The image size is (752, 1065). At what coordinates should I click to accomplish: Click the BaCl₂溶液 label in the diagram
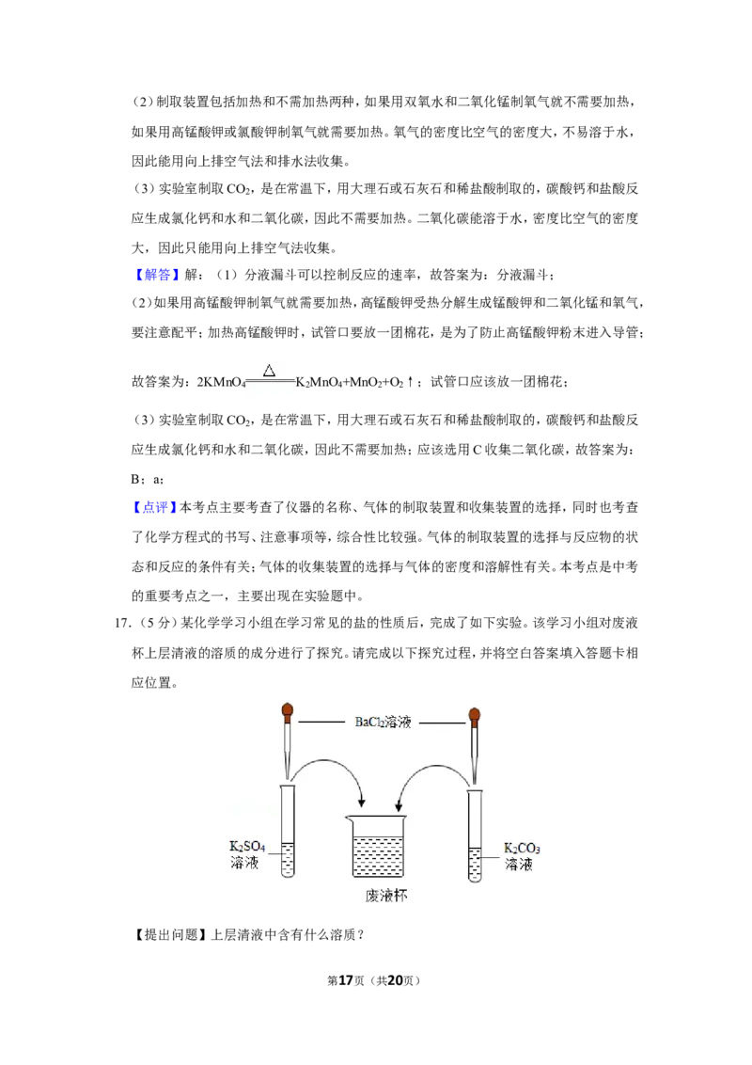click(x=383, y=722)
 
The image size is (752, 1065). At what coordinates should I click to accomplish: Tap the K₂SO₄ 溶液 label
click(x=247, y=854)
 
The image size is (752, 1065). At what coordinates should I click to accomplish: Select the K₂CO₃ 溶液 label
click(x=522, y=856)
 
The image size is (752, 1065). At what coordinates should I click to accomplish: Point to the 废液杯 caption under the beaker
click(x=386, y=896)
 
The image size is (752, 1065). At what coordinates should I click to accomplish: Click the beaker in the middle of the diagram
click(x=375, y=846)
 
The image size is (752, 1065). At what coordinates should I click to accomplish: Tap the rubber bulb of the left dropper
click(x=288, y=712)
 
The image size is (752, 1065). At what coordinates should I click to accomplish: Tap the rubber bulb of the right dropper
click(x=474, y=714)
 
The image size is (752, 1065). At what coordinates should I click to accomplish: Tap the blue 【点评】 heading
click(x=155, y=507)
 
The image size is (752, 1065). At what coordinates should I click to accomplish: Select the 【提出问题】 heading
click(x=170, y=934)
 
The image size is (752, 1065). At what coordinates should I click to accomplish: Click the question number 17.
click(x=122, y=623)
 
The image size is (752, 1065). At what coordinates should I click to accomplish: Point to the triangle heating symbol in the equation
click(x=270, y=370)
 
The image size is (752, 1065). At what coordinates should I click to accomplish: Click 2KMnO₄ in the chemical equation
click(x=221, y=382)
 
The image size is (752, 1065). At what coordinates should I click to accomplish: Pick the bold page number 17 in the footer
click(x=346, y=980)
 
